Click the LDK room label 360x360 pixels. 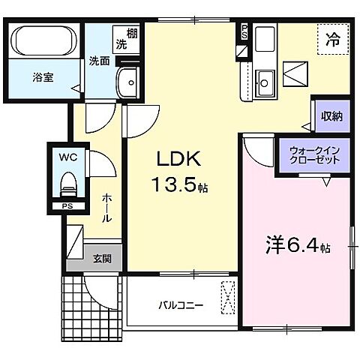tap(178, 159)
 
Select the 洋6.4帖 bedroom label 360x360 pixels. tap(296, 244)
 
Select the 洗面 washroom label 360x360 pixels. tap(100, 60)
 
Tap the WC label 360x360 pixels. tap(67, 157)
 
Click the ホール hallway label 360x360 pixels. tap(106, 207)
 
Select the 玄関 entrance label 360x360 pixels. tap(102, 259)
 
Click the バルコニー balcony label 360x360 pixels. tap(181, 306)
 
